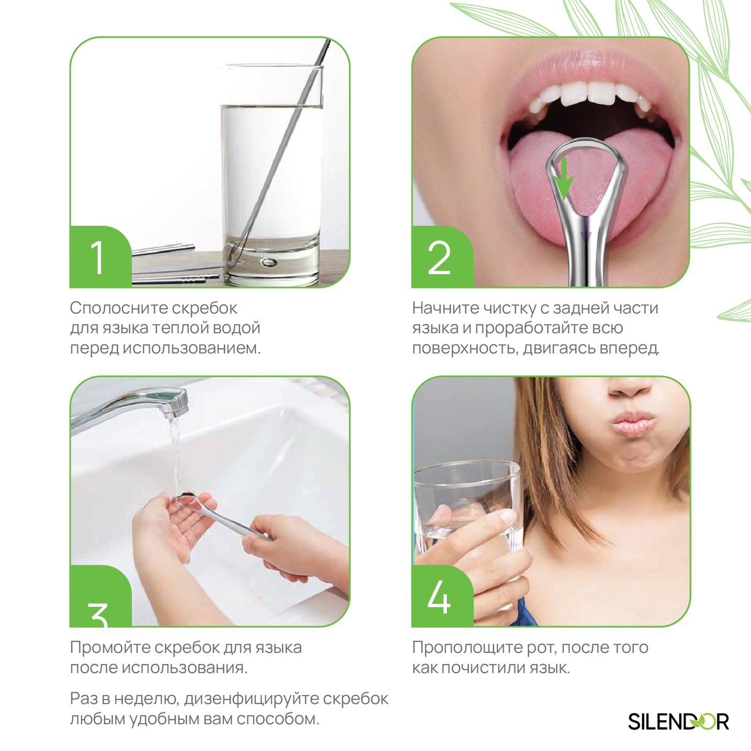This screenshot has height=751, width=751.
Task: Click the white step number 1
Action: pyautogui.click(x=97, y=257)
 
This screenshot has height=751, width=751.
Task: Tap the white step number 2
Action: pyautogui.click(x=439, y=258)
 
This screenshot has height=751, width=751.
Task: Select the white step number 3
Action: pyautogui.click(x=98, y=615)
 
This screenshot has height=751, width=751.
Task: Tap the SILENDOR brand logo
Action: pyautogui.click(x=679, y=721)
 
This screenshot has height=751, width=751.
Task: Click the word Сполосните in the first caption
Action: pyautogui.click(x=119, y=308)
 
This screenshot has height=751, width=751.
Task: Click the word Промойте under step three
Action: pyautogui.click(x=110, y=648)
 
